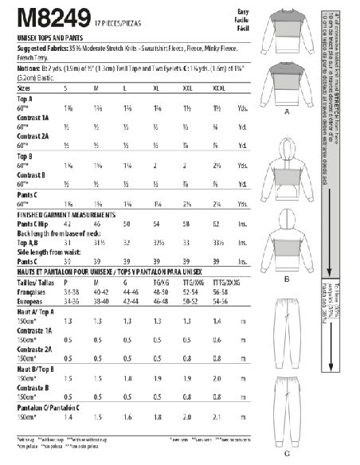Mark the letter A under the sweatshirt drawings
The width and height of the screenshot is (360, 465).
click(x=284, y=114)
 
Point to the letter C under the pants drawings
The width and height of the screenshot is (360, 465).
click(x=285, y=454)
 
